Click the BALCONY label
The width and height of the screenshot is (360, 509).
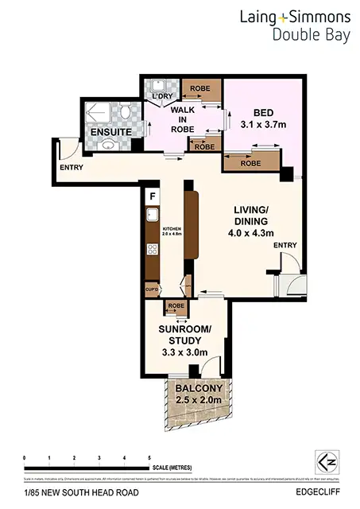[x=199, y=390]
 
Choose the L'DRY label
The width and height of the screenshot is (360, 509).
[x=161, y=97]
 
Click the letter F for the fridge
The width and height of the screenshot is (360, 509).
[x=151, y=195]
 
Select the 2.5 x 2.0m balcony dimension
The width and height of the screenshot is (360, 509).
[x=199, y=402]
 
